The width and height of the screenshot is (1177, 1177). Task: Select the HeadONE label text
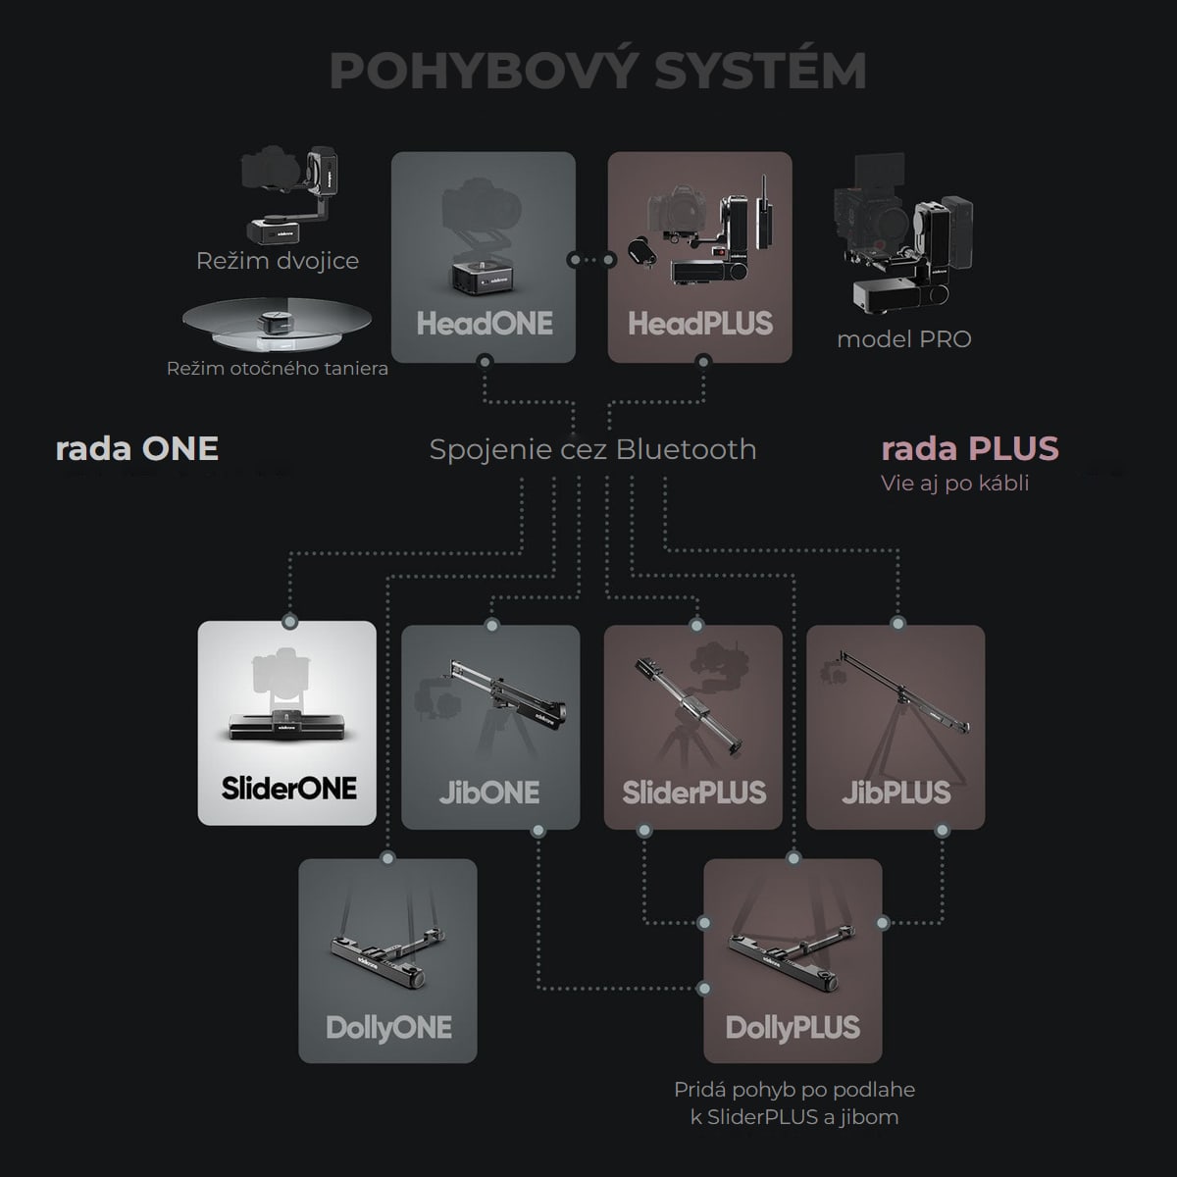pos(485,323)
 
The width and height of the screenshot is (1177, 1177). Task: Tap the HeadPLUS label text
pos(700,323)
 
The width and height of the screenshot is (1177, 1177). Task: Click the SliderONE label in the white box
pos(289,788)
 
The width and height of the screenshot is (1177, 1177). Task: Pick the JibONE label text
pos(489,793)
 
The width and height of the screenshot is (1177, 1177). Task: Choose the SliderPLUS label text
pos(693,793)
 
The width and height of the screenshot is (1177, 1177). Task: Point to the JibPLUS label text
pos(896,793)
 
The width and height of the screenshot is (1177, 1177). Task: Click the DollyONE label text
pos(389,1028)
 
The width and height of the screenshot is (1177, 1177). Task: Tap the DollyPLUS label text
pos(793,1028)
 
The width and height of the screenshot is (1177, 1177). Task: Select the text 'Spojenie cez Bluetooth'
pos(593,449)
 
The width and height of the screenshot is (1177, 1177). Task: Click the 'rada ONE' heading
pos(136,449)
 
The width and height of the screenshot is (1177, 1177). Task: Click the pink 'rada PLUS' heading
pos(970,449)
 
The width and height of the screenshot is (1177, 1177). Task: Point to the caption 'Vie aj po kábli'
pos(954,484)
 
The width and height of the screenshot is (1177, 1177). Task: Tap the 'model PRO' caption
pos(904,339)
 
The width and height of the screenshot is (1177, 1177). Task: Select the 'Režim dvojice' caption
pos(278,262)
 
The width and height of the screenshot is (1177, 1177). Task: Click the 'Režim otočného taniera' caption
pos(278,369)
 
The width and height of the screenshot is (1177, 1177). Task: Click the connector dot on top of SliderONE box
pos(290,622)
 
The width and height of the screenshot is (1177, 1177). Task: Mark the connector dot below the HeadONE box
pos(485,362)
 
